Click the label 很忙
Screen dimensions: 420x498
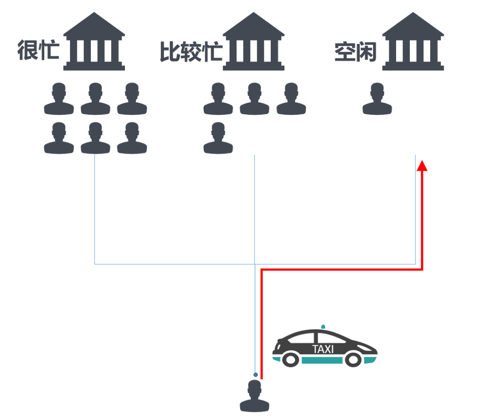click(x=39, y=51)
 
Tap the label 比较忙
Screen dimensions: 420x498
click(x=191, y=52)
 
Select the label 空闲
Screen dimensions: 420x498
click(x=356, y=52)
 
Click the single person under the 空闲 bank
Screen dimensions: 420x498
click(x=377, y=99)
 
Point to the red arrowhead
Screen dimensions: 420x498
click(x=422, y=165)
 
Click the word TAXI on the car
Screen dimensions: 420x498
click(x=323, y=349)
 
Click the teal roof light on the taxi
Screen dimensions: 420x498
click(x=323, y=327)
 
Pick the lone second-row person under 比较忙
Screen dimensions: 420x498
click(x=218, y=138)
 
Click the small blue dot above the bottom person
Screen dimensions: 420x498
click(x=255, y=375)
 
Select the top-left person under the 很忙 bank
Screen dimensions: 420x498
click(x=59, y=99)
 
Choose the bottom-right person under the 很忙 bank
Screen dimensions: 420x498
click(x=132, y=138)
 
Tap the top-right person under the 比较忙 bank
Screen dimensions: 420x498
click(x=291, y=99)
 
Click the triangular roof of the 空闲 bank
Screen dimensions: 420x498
click(x=413, y=26)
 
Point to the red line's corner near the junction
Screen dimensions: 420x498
click(x=262, y=270)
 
